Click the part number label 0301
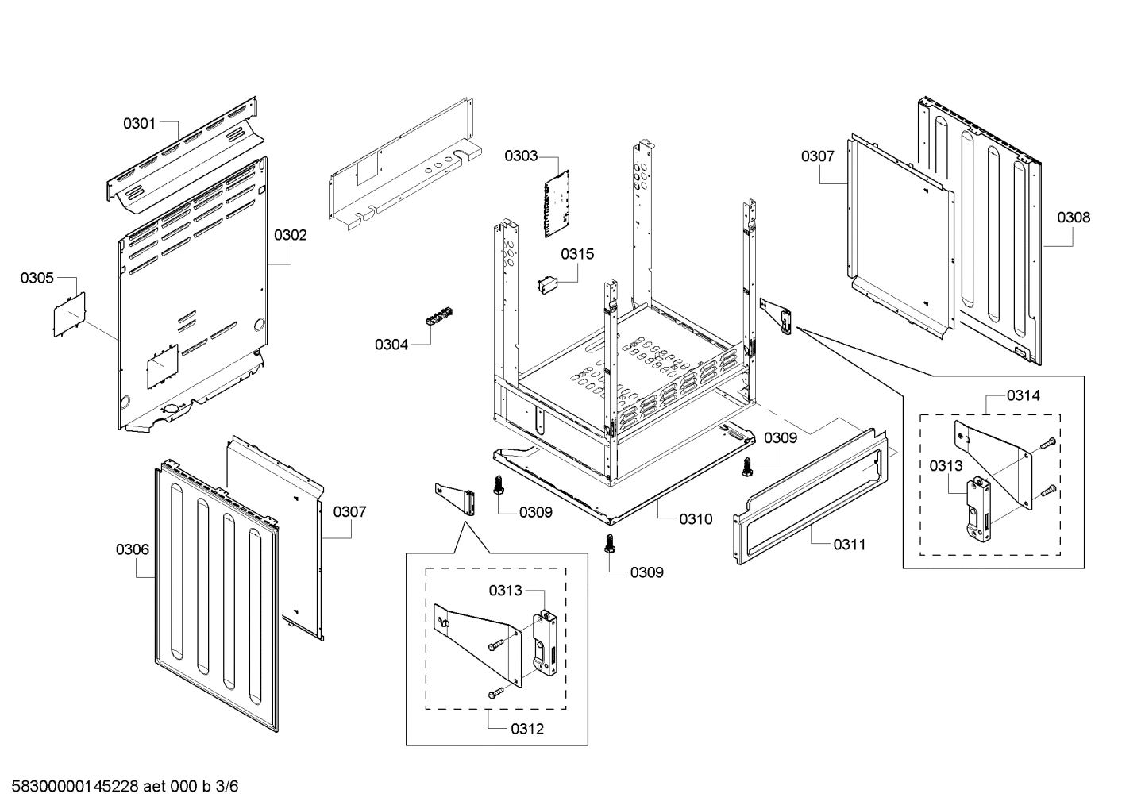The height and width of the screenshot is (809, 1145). [139, 123]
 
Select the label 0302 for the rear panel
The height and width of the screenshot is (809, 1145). [291, 235]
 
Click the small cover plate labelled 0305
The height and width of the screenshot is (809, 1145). [69, 314]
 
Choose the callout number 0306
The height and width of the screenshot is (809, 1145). [132, 549]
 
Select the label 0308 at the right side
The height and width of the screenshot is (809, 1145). [1074, 217]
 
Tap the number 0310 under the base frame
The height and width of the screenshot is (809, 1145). [696, 519]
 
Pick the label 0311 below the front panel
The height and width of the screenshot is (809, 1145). [850, 545]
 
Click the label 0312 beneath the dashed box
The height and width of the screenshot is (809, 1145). [527, 729]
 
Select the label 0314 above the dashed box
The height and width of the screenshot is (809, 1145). [1024, 395]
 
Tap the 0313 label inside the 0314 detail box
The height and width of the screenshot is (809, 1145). [946, 466]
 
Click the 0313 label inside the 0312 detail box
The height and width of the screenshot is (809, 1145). [506, 590]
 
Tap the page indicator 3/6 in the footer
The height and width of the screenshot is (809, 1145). [227, 787]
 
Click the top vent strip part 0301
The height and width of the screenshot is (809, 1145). [187, 155]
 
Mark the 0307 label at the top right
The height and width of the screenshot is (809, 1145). [817, 156]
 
